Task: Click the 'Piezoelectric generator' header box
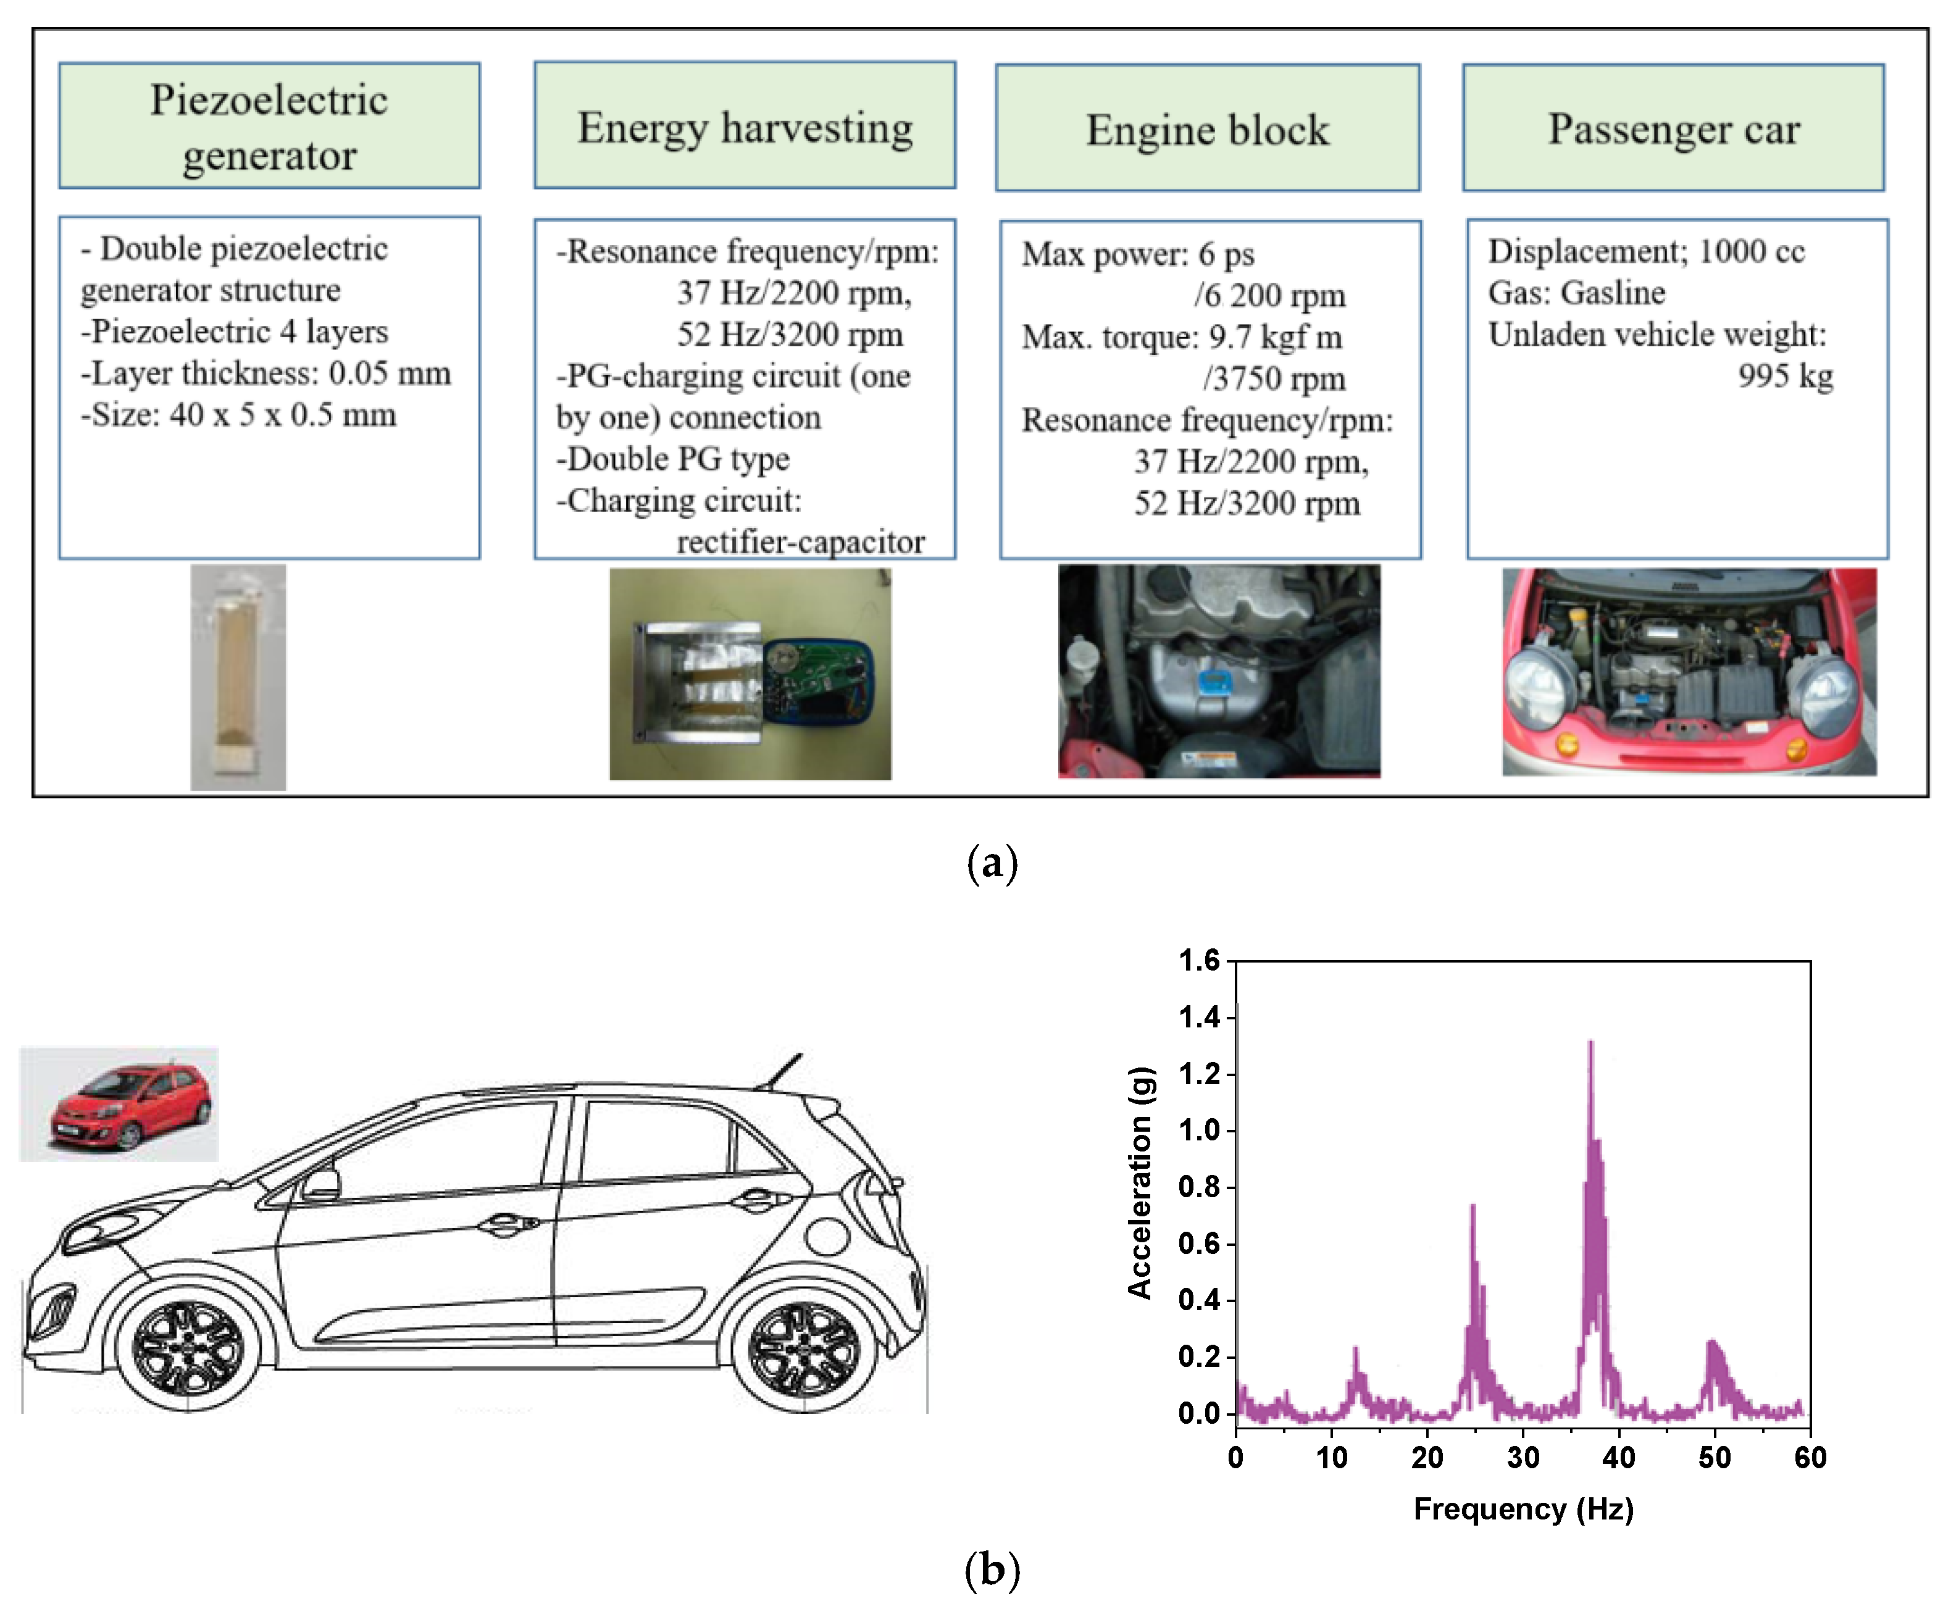pos(269,126)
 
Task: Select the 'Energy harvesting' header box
pos(744,126)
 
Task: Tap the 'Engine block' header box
pos(1207,128)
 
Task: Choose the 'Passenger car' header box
pos(1673,128)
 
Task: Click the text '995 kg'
pos(1785,375)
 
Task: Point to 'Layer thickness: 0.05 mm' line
pos(266,372)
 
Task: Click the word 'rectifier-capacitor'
pos(800,541)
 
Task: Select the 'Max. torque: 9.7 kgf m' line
pos(1182,336)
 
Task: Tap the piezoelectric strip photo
pos(238,677)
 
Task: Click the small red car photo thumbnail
pos(119,1104)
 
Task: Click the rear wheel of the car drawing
pos(804,1348)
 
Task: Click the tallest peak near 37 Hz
pos(1590,1045)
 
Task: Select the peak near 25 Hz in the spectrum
pos(1473,1208)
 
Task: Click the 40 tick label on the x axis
pos(1618,1458)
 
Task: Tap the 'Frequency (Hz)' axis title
pos(1523,1509)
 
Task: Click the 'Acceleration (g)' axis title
pos(1140,1182)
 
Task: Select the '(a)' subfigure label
pos(992,862)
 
